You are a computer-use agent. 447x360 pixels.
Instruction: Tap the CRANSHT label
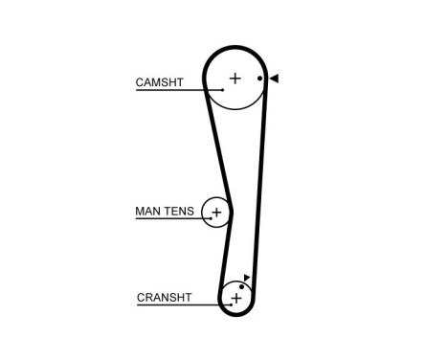pos(165,298)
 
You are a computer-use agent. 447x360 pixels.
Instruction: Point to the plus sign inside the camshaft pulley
pos(235,78)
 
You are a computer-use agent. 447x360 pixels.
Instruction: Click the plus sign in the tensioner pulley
pos(216,212)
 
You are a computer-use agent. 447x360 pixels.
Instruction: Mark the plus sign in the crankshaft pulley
pos(235,299)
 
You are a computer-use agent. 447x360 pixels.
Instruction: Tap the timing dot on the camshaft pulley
pos(259,79)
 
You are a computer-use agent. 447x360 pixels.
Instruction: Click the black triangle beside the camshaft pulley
pos(274,79)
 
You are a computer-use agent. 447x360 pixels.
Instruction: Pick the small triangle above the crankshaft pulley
pos(247,278)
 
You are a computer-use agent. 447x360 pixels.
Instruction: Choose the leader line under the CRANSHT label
pos(177,305)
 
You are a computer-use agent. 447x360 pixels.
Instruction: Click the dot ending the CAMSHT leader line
pos(221,90)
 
